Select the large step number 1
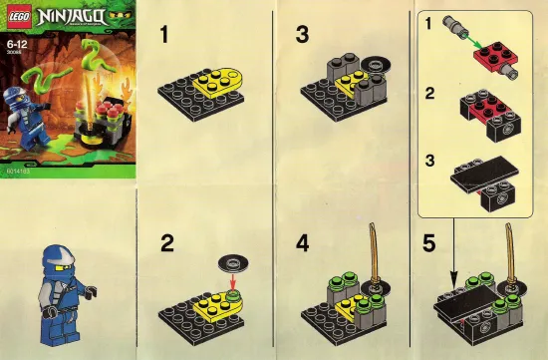(x=168, y=36)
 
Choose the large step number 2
(x=168, y=243)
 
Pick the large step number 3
(x=302, y=36)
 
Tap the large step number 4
(x=302, y=243)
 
